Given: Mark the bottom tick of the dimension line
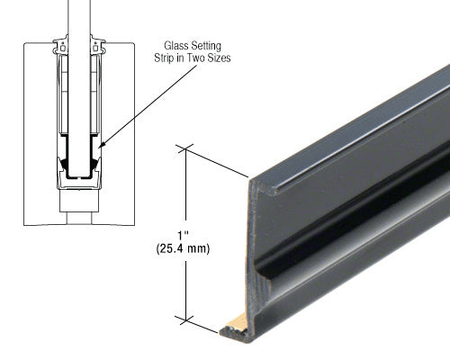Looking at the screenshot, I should click(x=186, y=318).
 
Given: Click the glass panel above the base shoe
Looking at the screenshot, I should click(x=78, y=18).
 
